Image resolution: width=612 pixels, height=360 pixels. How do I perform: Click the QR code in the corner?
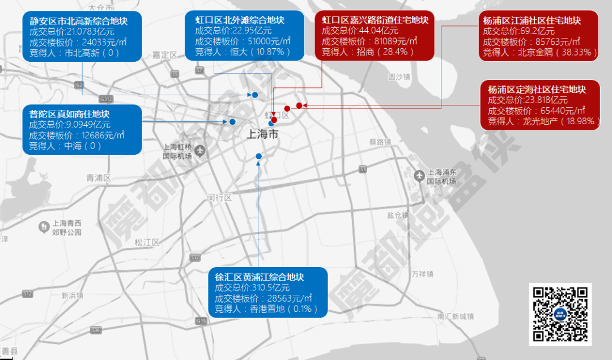(x=560, y=314)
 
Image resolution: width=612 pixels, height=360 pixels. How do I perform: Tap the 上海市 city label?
(x=263, y=135)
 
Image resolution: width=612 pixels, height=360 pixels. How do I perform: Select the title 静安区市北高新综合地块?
(x=78, y=21)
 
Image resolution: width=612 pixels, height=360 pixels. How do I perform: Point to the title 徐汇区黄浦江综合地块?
(x=260, y=277)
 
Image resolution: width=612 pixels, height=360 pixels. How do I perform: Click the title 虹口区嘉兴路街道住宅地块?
(x=375, y=20)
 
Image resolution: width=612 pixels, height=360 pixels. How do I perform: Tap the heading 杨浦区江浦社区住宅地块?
(x=532, y=20)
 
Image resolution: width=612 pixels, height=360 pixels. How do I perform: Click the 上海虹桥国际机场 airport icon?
(x=200, y=150)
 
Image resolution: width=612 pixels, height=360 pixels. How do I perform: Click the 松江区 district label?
(x=147, y=242)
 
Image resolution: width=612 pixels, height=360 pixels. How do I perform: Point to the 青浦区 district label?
(x=99, y=178)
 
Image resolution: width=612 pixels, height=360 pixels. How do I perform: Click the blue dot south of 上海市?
(x=259, y=156)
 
